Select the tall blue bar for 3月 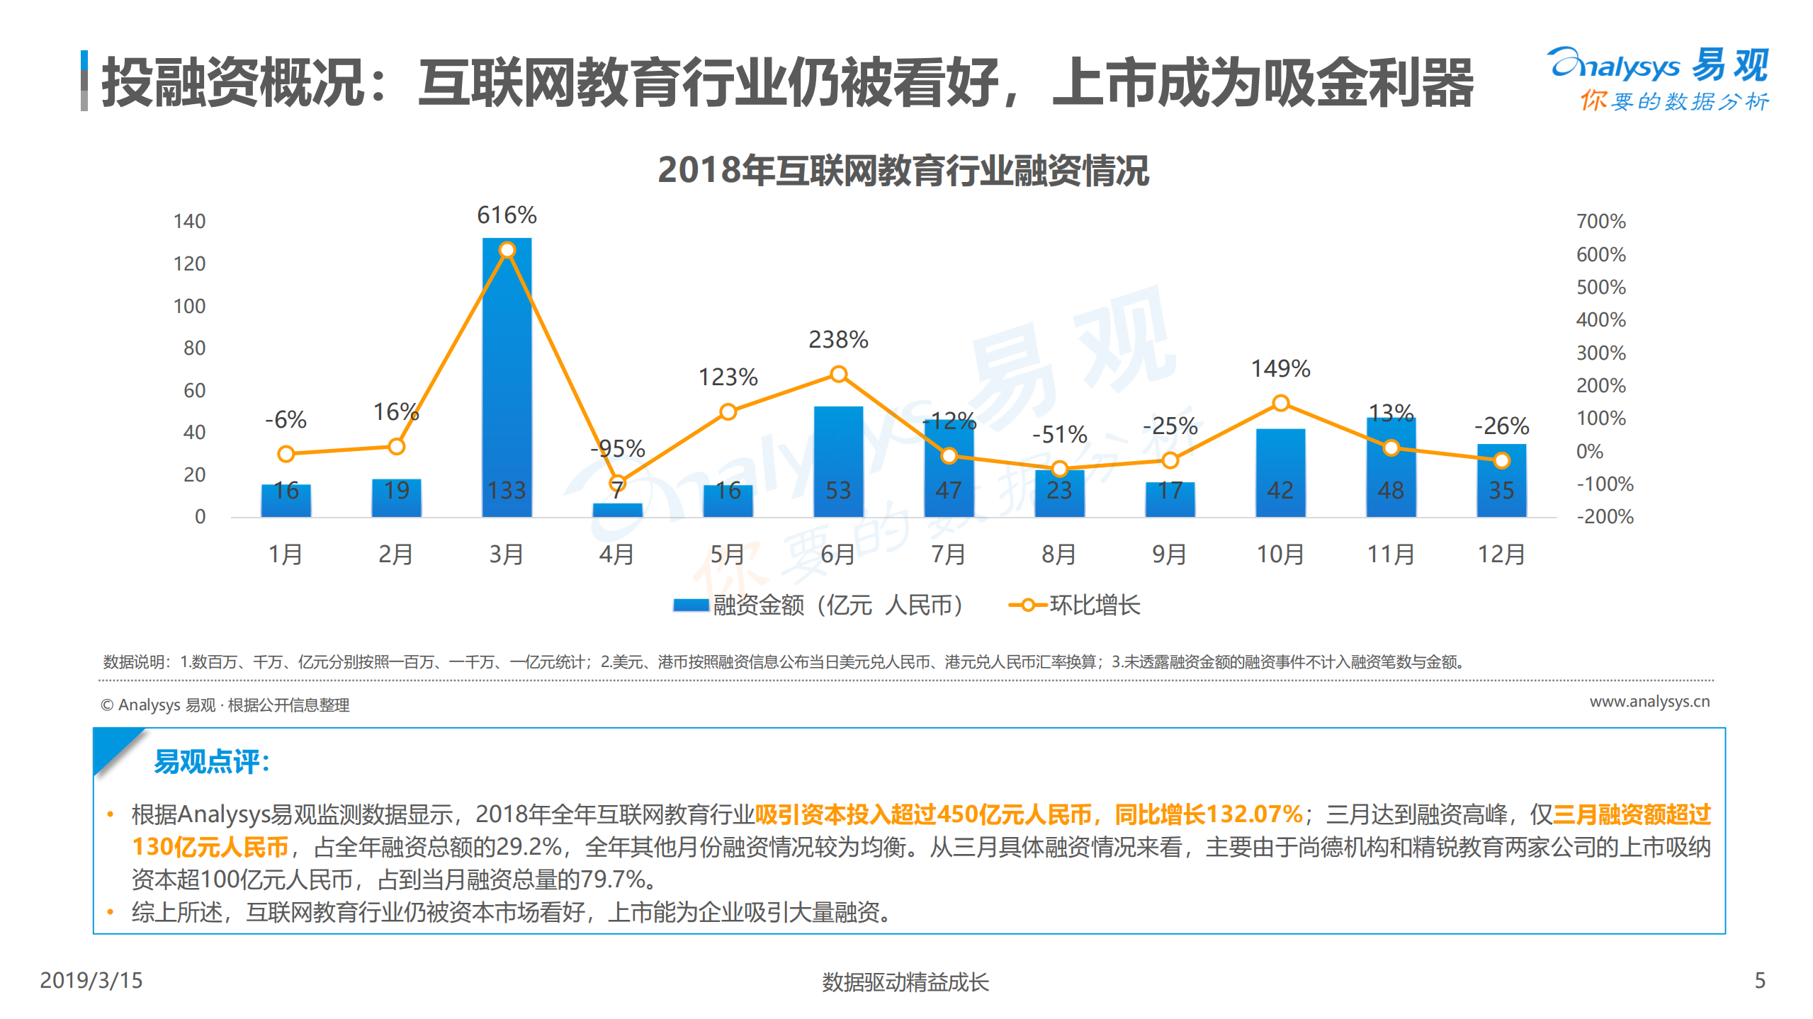pos(507,382)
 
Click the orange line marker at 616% pos(507,250)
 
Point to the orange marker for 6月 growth pos(838,374)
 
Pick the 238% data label pos(838,340)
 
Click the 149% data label pos(1280,369)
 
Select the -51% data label pos(1059,434)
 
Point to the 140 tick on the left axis pos(189,222)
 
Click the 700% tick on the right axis pos(1600,222)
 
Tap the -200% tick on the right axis pos(1605,516)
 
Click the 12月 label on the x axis pos(1501,554)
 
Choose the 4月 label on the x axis pos(616,554)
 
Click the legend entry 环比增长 pos(1094,605)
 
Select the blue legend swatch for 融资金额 pos(690,605)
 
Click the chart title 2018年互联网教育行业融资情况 pos(903,171)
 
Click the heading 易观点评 pos(212,762)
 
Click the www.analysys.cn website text pos(1649,701)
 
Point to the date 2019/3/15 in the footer pos(91,980)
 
